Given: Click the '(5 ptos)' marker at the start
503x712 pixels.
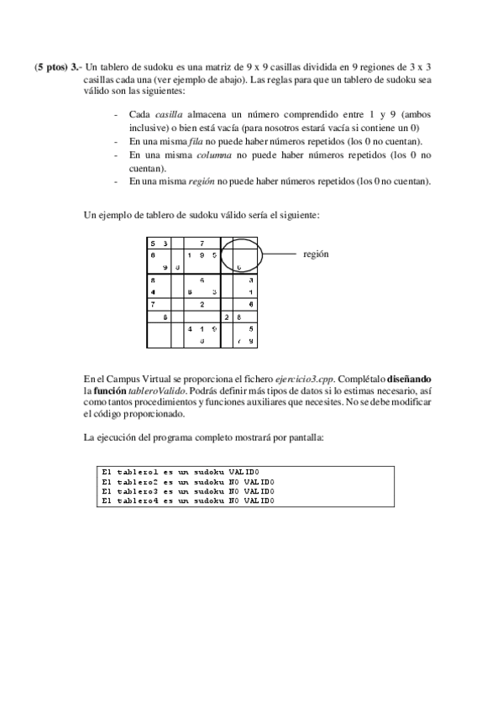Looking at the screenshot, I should (51, 67).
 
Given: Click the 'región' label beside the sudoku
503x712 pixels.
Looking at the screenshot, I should (316, 253).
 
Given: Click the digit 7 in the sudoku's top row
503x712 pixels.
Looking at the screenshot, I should (202, 243).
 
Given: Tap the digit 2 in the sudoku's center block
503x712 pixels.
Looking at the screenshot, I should (202, 304).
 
